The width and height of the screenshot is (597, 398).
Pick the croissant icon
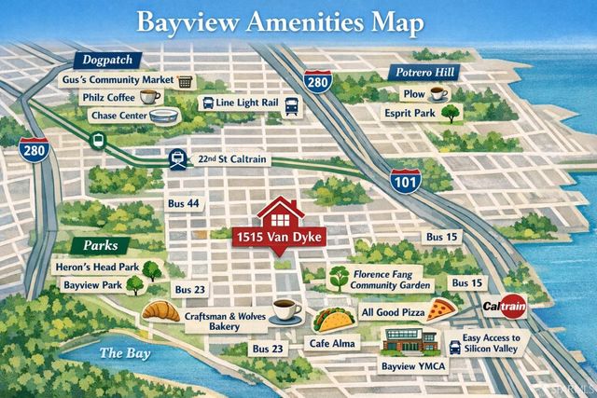tap(162, 309)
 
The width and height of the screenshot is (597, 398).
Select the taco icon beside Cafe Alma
tap(329, 321)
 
